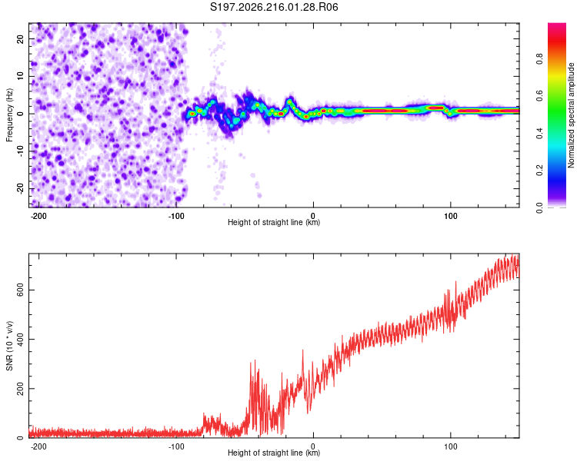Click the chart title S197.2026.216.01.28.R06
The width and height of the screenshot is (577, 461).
click(274, 7)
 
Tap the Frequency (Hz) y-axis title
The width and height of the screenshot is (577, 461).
click(9, 114)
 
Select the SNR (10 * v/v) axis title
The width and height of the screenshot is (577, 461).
click(9, 346)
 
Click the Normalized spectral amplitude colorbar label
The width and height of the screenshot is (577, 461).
click(570, 115)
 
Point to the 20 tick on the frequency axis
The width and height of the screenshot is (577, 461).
click(21, 38)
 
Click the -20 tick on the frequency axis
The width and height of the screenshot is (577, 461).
click(21, 188)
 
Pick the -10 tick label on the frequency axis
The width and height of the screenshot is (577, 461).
click(21, 151)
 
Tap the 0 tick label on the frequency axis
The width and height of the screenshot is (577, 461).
click(21, 114)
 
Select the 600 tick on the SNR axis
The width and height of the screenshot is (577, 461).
click(21, 290)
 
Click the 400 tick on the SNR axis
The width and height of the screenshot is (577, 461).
click(21, 340)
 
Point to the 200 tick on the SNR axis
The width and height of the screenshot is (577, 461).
click(21, 389)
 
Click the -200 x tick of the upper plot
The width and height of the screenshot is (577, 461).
click(38, 216)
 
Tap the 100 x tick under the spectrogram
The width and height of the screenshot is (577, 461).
click(450, 216)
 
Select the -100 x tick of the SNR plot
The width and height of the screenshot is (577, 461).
click(176, 446)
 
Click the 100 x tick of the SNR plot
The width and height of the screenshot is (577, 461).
click(450, 446)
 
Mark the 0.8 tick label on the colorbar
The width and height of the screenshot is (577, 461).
click(539, 58)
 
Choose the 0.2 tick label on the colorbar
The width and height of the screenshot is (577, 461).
click(539, 171)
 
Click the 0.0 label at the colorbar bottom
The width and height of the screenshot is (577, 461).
click(539, 207)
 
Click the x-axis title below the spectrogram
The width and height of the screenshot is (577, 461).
click(274, 222)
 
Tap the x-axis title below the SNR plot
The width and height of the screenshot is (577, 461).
click(274, 453)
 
